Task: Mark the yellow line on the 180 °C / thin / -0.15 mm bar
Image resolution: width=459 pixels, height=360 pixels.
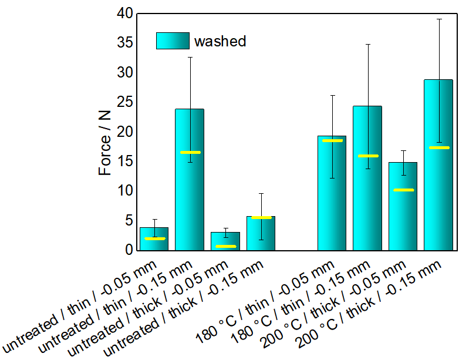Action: click(x=367, y=156)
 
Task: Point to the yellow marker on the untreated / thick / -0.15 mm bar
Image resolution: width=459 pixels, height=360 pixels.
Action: click(x=261, y=217)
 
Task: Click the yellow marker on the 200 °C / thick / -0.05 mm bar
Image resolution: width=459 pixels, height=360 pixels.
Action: click(x=403, y=190)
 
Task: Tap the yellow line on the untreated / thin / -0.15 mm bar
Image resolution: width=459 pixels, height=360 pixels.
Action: click(x=190, y=152)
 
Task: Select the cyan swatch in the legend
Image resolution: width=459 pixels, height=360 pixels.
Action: click(x=173, y=41)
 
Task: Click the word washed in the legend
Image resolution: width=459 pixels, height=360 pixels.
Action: click(x=220, y=41)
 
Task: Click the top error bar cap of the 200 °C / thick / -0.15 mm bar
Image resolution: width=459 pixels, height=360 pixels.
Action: click(x=438, y=19)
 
